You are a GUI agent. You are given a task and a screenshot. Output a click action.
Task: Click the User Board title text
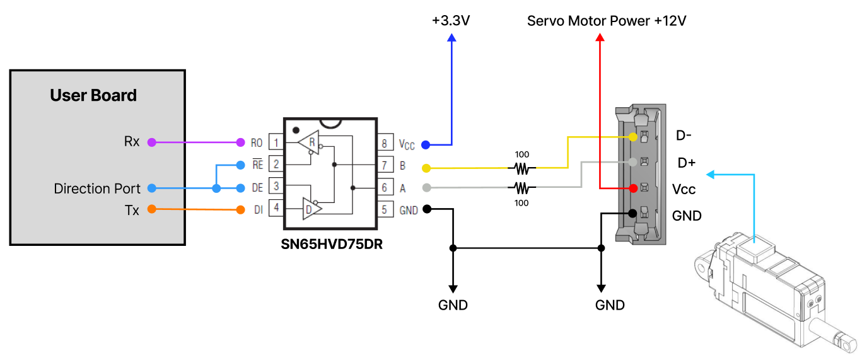[x=93, y=96]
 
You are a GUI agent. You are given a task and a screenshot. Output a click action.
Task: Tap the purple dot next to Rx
[x=151, y=142]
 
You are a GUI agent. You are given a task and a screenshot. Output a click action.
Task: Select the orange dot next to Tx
[x=151, y=209]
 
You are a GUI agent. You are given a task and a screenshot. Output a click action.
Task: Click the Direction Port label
[x=97, y=189]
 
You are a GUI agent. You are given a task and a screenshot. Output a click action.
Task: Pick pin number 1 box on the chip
[x=276, y=142]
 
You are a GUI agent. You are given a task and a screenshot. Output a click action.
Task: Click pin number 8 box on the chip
[x=385, y=143]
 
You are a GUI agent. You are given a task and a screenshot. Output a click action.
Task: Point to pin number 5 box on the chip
[x=385, y=210]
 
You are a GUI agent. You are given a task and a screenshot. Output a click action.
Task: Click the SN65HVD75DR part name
[x=332, y=245]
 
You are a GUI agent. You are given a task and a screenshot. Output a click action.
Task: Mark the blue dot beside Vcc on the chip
[x=426, y=145]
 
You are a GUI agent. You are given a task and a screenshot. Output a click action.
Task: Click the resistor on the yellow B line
[x=521, y=168]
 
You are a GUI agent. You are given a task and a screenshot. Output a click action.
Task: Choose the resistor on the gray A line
[x=521, y=188]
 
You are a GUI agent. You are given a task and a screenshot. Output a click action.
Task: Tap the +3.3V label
[x=451, y=21]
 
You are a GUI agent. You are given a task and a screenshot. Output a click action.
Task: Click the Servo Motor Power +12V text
[x=607, y=21]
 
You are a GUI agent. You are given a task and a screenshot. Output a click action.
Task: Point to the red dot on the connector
[x=632, y=188]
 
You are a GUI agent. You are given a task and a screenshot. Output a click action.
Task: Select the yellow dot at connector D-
[x=633, y=137]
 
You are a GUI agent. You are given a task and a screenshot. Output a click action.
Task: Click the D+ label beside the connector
[x=686, y=163]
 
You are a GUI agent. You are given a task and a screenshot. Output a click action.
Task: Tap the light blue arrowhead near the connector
[x=709, y=174]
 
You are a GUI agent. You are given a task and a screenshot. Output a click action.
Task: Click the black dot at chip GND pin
[x=426, y=209]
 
